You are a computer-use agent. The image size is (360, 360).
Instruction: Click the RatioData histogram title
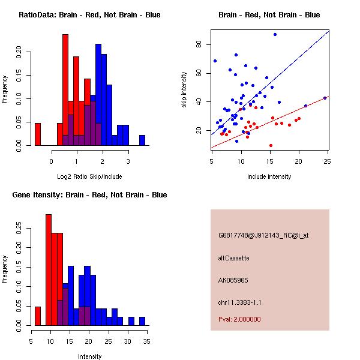coord(89,15)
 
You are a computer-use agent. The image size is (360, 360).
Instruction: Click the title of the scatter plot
coord(269,15)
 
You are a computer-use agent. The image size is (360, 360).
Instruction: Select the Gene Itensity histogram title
coord(89,195)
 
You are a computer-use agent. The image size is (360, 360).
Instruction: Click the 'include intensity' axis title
coord(269,176)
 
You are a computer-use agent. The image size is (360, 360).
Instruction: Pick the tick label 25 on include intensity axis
coord(327,161)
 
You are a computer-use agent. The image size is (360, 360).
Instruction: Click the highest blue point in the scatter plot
coord(275,34)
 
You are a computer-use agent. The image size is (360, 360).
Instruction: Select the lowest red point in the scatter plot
coord(271,145)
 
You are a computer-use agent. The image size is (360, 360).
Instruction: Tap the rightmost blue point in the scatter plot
coord(325,98)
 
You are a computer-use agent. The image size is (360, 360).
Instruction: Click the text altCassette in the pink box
coord(233,258)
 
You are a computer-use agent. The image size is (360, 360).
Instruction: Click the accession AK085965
coord(233,280)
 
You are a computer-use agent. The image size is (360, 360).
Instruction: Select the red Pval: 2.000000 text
coord(239,320)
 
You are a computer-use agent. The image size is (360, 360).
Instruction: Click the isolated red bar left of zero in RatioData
coord(37,134)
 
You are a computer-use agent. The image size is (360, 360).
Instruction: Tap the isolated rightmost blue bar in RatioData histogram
coord(142,140)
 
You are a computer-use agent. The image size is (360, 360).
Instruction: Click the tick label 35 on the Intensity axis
coord(146,341)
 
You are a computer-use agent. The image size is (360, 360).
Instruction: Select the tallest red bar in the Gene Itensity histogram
coord(49,269)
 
